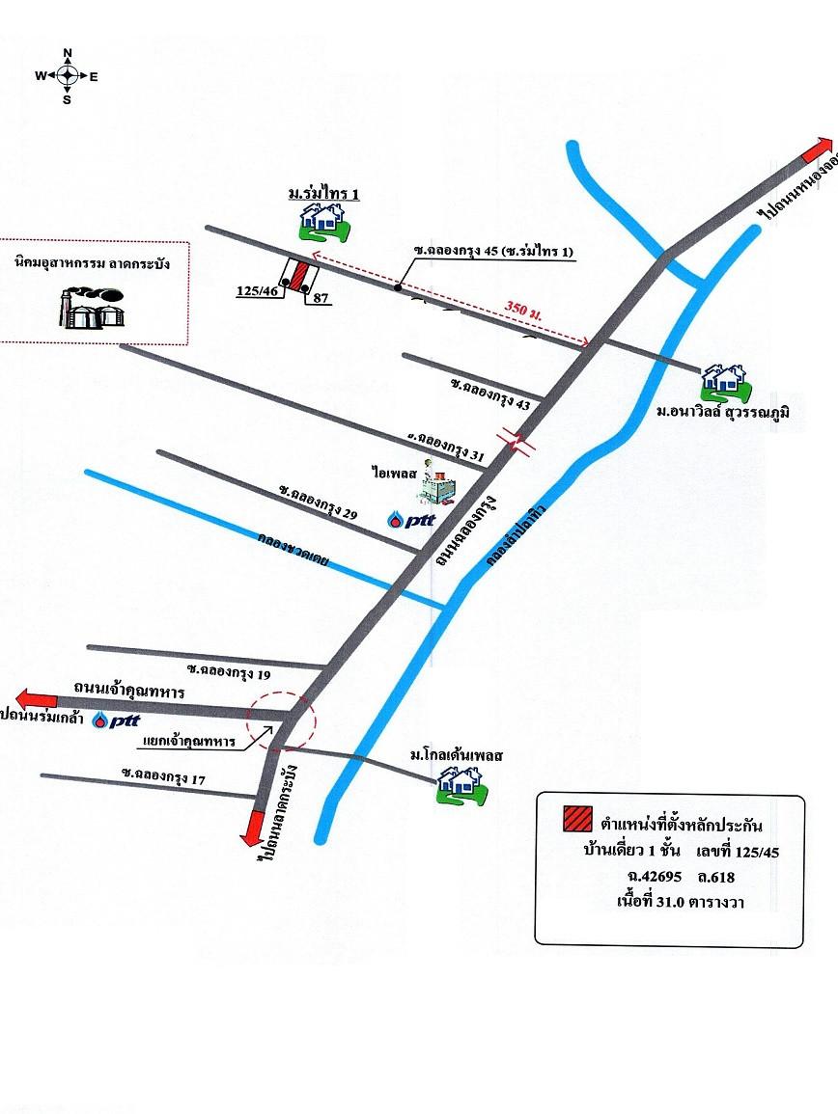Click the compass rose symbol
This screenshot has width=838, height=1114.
[68, 74]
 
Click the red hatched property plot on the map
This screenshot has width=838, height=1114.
[300, 274]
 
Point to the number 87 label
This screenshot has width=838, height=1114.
[321, 299]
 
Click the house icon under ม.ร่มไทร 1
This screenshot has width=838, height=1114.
[322, 223]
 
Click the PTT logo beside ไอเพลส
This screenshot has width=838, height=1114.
[412, 520]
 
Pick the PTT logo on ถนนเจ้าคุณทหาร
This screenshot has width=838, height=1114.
[117, 720]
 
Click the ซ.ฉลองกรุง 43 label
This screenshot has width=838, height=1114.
[490, 395]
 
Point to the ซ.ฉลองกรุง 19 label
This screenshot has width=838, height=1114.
[229, 668]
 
